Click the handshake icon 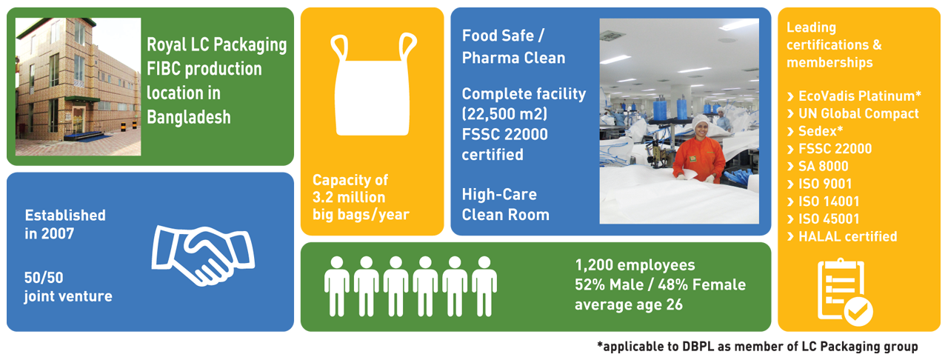tap(203, 256)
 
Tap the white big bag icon tap(373, 84)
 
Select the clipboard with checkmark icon tap(844, 293)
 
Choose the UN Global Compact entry tap(852, 113)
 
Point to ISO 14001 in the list tap(823, 201)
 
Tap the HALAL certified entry tap(842, 236)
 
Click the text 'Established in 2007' tap(65, 224)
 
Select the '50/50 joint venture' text tap(68, 287)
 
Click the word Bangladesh tap(189, 117)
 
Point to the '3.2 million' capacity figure tap(349, 197)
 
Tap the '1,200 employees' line tap(635, 265)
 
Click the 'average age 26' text tap(629, 304)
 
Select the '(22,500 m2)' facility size tap(504, 114)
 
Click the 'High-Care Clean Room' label tap(505, 204)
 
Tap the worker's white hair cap tap(701, 121)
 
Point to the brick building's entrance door tap(79, 120)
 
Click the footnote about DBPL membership tap(758, 347)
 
